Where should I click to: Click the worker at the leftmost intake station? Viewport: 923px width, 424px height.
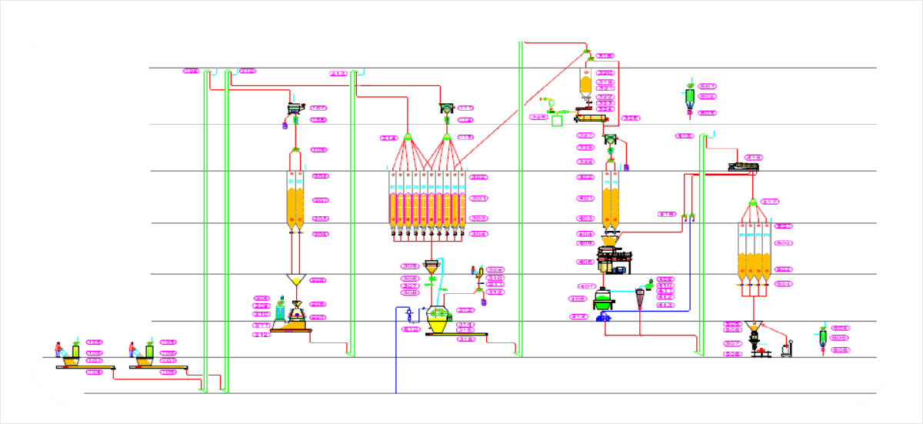click(x=58, y=350)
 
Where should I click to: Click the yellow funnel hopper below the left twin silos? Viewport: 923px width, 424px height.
click(x=295, y=280)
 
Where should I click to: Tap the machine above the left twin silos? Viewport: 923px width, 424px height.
click(x=295, y=109)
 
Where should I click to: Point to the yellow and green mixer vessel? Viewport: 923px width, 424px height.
click(x=438, y=321)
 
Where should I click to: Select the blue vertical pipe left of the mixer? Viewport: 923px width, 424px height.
click(x=396, y=354)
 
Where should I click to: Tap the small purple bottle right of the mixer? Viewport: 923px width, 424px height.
click(x=484, y=302)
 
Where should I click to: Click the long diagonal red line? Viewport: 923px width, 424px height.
click(x=523, y=108)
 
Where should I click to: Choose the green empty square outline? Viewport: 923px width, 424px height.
click(x=557, y=120)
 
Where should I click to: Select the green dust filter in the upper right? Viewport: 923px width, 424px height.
click(x=689, y=97)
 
